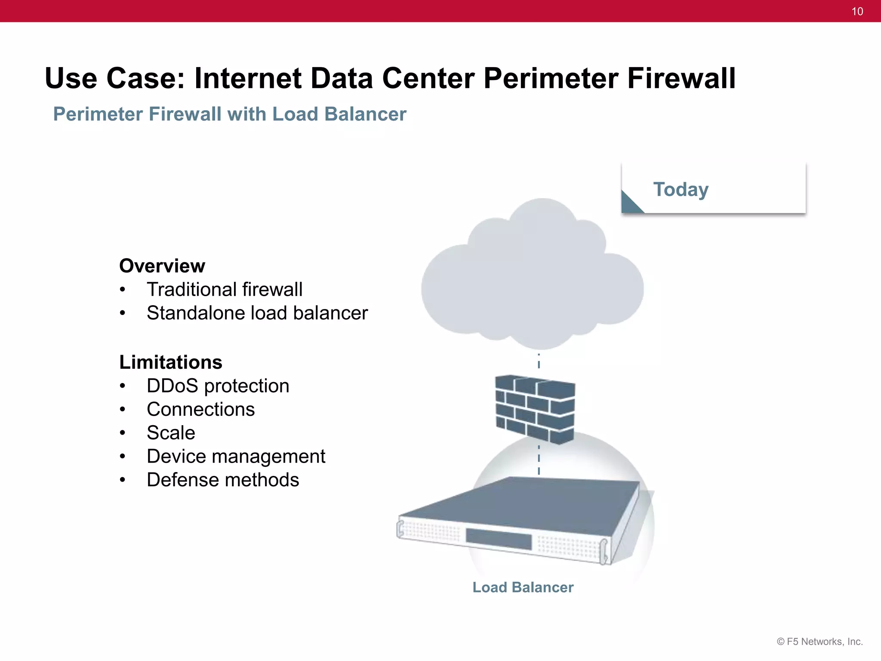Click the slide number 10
[x=857, y=12]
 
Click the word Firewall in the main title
[x=681, y=78]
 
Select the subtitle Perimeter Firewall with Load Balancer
[x=230, y=114]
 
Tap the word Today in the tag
[x=681, y=189]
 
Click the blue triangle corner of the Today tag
[x=630, y=204]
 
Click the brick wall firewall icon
[x=535, y=409]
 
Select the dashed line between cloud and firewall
[x=539, y=361]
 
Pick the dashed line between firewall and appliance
[x=539, y=460]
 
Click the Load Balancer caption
[x=523, y=587]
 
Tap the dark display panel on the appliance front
[x=498, y=539]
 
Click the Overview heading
[x=162, y=266]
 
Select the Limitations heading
[x=171, y=362]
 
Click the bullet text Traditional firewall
[x=224, y=290]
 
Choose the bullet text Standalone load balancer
[x=257, y=313]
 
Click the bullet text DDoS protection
[x=218, y=386]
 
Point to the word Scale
[x=171, y=433]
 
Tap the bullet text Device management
[x=236, y=457]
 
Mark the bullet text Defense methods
[x=222, y=480]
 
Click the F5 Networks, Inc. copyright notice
[x=819, y=642]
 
